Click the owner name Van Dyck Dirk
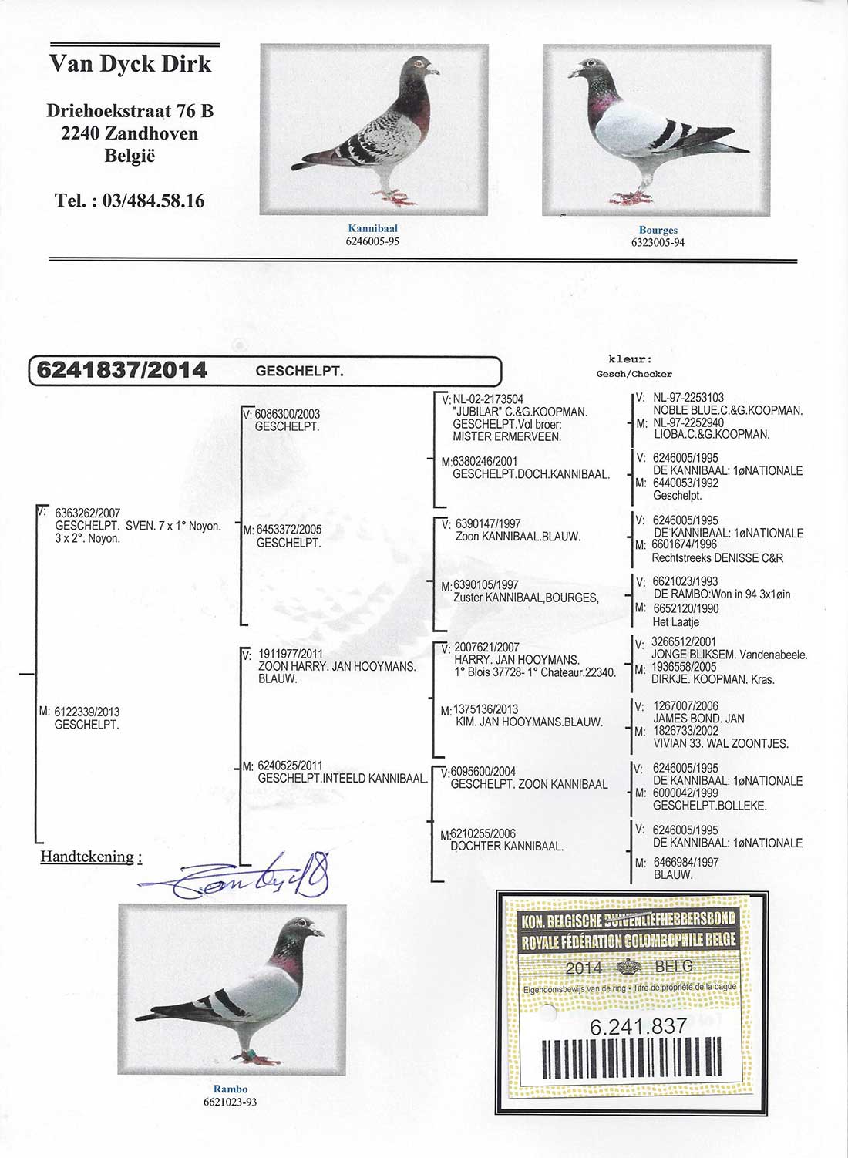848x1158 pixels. click(130, 64)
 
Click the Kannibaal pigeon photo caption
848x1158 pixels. click(372, 228)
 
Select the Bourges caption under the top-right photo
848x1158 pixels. click(658, 230)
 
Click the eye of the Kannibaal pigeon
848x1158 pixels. click(419, 63)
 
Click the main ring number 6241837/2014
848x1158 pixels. click(122, 371)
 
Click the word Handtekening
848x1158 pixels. click(86, 857)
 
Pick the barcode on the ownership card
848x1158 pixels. click(632, 1058)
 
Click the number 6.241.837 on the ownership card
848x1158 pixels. click(638, 1026)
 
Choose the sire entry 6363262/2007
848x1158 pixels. click(88, 513)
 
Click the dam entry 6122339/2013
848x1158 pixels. click(87, 712)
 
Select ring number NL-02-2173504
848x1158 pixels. click(488, 399)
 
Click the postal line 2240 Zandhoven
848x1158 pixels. click(130, 133)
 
